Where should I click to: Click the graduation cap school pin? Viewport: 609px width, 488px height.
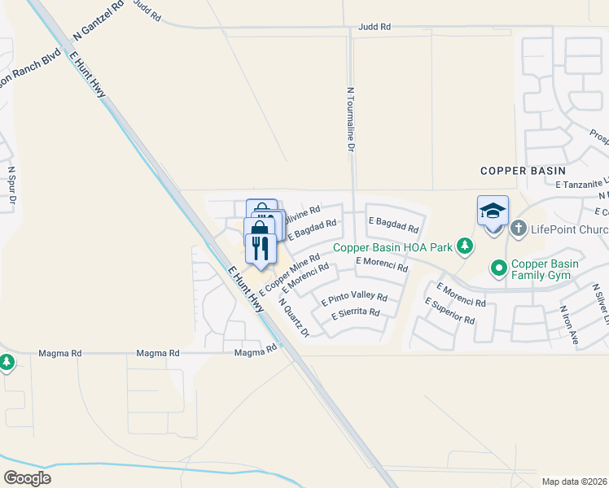(493, 211)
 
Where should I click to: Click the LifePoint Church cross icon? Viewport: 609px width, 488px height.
(519, 229)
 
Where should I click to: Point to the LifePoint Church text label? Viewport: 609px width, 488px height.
(570, 229)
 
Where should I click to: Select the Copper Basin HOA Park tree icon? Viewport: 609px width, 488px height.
(465, 245)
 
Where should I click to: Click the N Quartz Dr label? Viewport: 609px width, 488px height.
(294, 317)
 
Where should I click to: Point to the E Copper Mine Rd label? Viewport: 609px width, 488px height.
(289, 275)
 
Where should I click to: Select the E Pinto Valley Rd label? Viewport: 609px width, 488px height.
(354, 298)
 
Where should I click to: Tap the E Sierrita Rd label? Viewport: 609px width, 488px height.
(355, 312)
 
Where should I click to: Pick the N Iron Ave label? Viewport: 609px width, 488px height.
(568, 324)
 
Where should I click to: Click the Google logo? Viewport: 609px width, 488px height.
(27, 478)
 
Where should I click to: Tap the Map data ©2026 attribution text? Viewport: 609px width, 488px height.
(574, 481)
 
